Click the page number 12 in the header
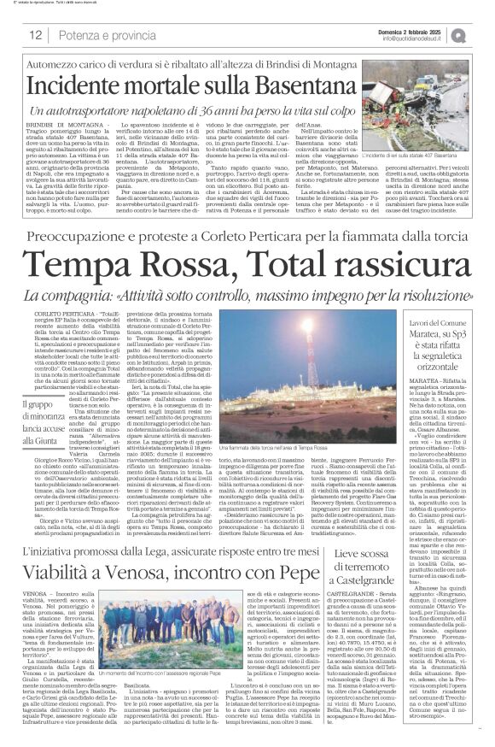tap(35, 34)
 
